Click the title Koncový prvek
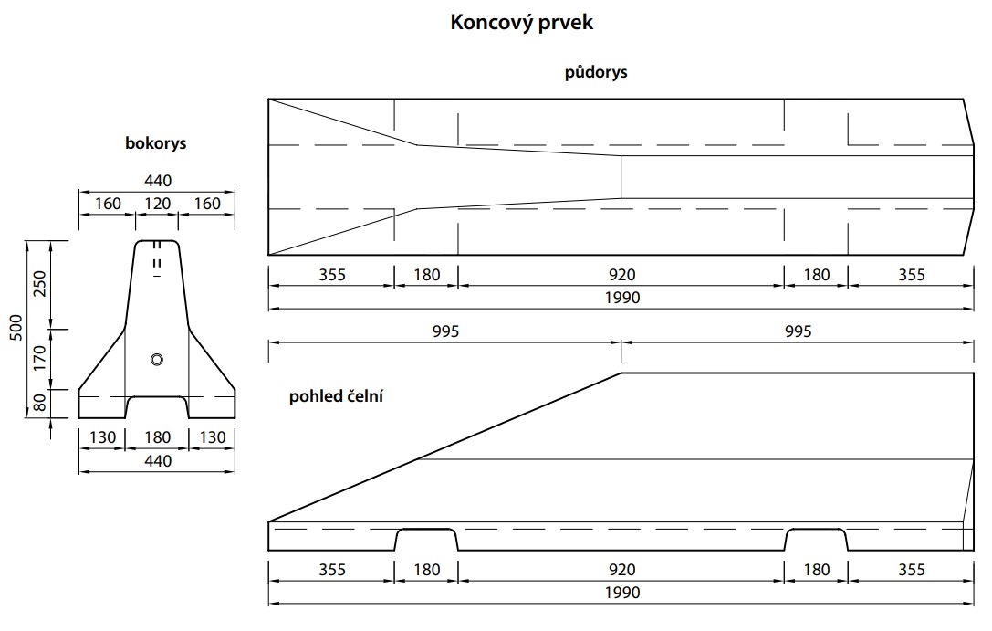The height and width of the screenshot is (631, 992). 521,23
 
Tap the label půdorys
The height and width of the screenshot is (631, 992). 596,72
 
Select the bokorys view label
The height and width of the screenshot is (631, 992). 156,143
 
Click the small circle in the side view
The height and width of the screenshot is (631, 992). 157,360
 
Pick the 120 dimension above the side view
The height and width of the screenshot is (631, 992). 157,204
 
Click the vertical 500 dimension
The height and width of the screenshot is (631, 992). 15,329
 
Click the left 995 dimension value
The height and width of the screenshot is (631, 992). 444,331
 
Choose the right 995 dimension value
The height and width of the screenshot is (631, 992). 797,331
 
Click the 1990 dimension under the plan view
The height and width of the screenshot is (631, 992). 621,298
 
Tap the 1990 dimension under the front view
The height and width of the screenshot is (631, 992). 621,593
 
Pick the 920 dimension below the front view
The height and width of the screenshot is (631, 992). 621,570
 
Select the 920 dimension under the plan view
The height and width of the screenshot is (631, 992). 621,275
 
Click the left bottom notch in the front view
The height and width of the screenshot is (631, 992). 425,540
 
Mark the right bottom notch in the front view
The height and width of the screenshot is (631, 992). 816,540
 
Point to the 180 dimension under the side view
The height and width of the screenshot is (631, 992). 157,438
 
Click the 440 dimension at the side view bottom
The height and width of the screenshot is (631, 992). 157,461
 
